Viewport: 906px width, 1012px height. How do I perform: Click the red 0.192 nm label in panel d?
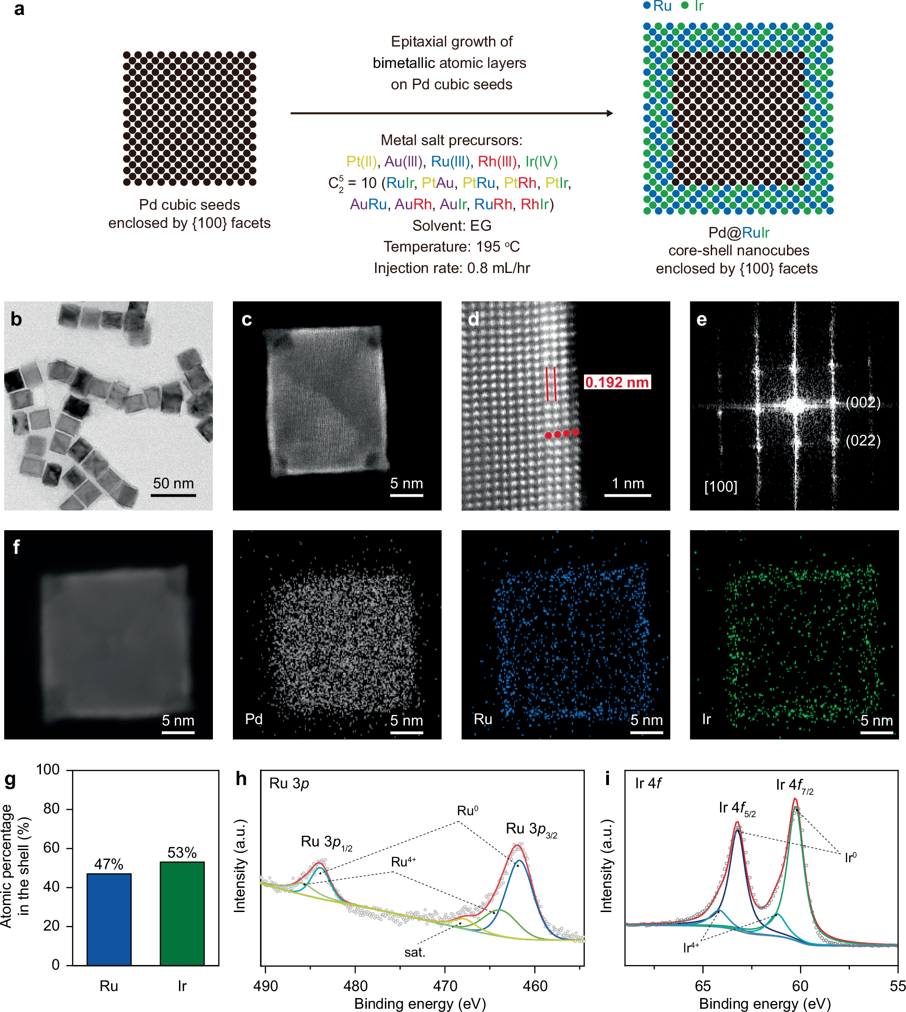(616, 382)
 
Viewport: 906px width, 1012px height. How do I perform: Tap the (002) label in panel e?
(863, 402)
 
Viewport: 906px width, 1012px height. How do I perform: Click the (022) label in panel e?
(863, 440)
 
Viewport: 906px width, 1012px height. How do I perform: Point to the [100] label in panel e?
(721, 486)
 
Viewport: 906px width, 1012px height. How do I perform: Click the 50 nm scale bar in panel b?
(173, 495)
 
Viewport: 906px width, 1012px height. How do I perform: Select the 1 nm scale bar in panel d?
(627, 495)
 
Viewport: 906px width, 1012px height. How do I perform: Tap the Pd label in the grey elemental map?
(253, 719)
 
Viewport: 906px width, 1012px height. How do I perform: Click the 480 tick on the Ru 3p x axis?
(355, 986)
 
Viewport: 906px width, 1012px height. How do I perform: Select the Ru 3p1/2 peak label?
(326, 842)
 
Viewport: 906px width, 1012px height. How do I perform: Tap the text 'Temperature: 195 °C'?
(451, 246)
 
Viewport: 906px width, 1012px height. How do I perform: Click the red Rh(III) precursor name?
(497, 161)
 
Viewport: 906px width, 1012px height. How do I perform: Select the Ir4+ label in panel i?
(691, 947)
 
